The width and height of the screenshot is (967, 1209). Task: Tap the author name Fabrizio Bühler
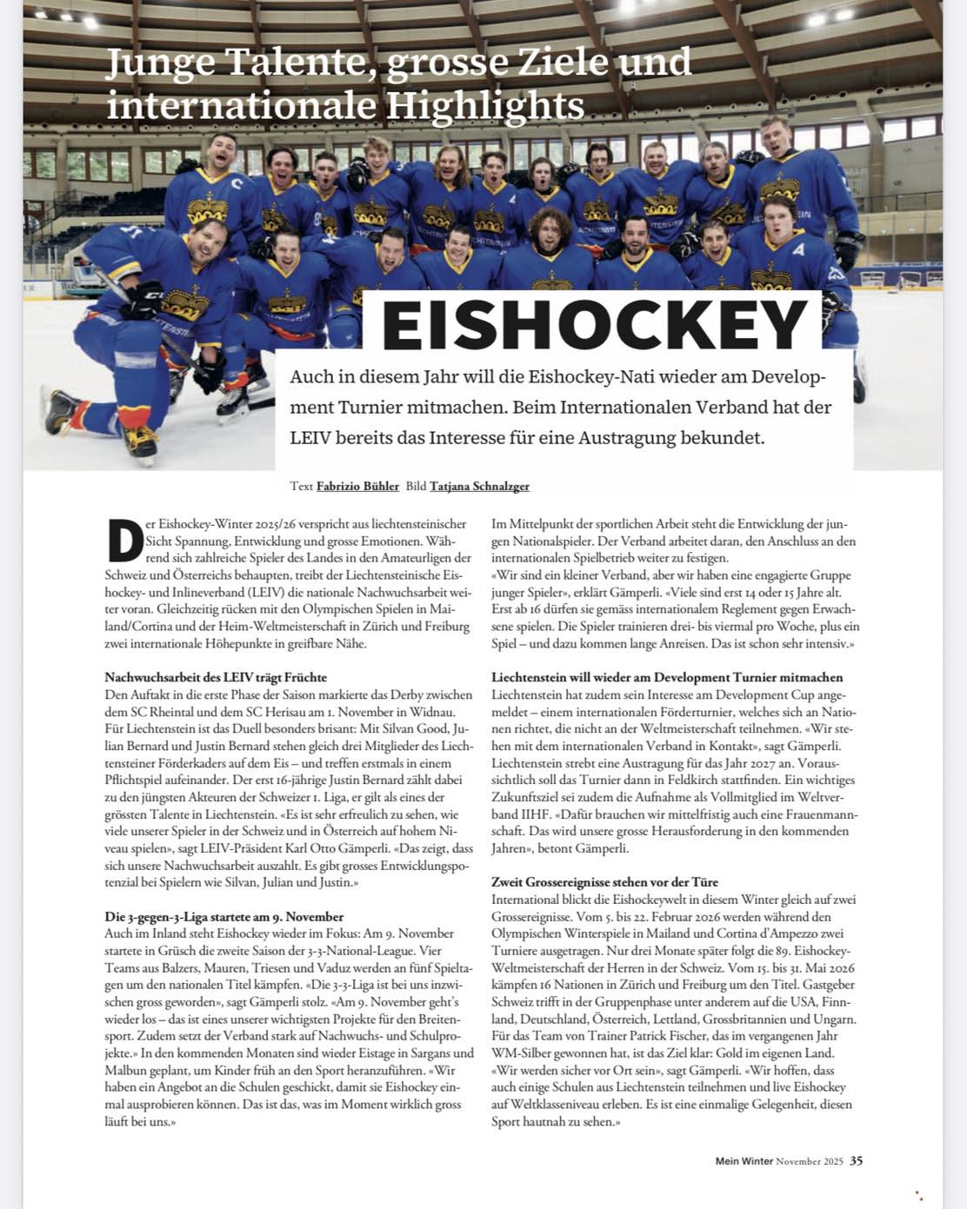point(357,486)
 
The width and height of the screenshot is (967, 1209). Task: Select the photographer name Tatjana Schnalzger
point(479,486)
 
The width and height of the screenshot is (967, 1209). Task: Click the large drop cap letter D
point(123,541)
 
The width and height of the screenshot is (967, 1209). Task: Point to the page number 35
point(857,1160)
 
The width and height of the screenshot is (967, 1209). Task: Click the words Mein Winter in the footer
point(744,1161)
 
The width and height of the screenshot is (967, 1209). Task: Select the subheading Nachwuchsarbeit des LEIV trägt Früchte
point(216,677)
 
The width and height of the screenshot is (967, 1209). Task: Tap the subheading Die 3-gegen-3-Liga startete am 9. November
point(224,916)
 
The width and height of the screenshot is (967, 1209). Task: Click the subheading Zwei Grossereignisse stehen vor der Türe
point(604,882)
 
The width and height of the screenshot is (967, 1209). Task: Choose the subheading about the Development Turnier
point(667,677)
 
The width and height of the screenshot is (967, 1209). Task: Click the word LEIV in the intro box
point(312,438)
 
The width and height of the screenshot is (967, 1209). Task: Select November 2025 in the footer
point(810,1161)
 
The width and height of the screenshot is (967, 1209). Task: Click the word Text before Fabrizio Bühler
point(301,486)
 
